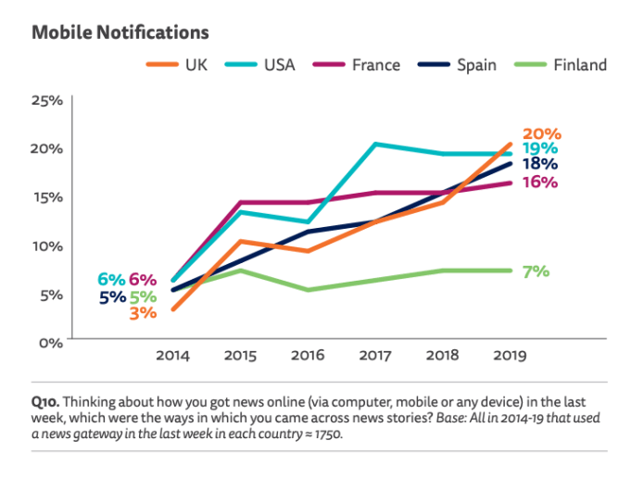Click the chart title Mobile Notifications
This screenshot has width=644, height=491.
[120, 32]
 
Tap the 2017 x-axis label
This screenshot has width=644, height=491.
[374, 355]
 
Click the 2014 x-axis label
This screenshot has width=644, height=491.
[172, 355]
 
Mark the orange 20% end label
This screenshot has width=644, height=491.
[543, 133]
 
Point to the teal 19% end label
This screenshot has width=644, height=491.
[538, 148]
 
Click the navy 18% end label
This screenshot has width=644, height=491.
[538, 164]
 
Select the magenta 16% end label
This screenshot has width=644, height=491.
[538, 183]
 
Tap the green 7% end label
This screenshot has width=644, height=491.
[537, 271]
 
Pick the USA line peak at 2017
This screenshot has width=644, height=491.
[374, 144]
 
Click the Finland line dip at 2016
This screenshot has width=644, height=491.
[307, 290]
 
